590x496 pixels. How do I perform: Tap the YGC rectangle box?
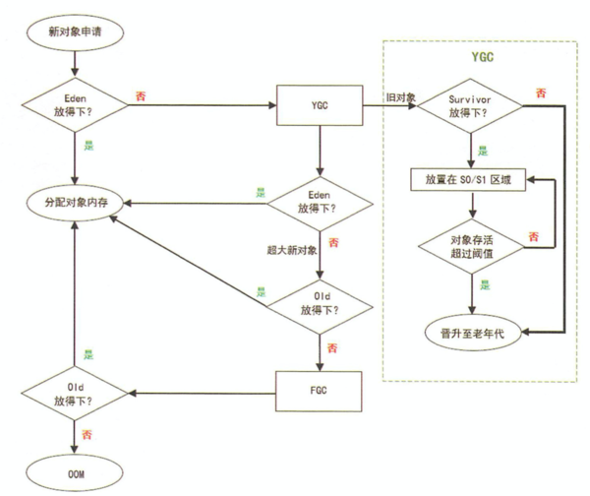(317, 104)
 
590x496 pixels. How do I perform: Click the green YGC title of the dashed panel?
(481, 57)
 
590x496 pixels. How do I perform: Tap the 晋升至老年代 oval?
(472, 333)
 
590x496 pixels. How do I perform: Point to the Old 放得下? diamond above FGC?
(317, 304)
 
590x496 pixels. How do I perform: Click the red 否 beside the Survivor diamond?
(540, 92)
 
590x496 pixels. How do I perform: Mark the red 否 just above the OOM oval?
(88, 434)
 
